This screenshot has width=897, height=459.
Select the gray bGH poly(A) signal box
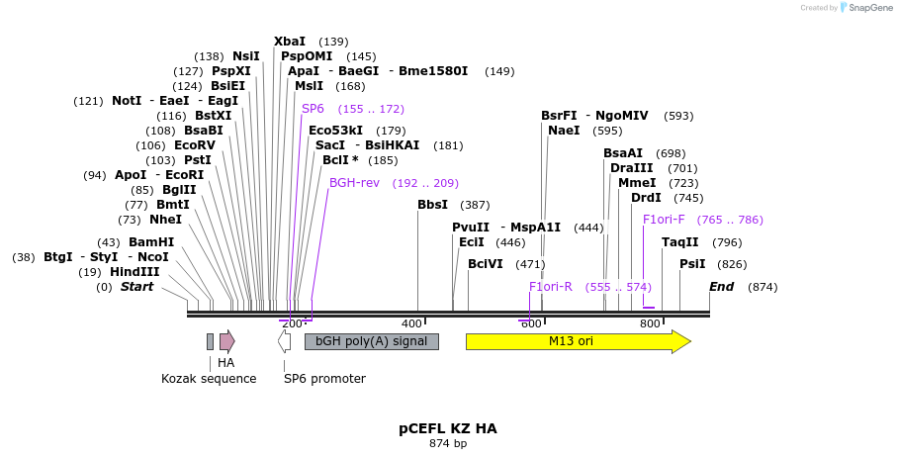tap(371, 341)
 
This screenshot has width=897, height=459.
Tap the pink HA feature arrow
tap(226, 341)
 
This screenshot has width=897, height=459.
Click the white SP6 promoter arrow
tap(284, 341)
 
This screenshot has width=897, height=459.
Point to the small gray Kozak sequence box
tap(210, 341)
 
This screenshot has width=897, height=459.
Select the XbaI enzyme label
tap(290, 42)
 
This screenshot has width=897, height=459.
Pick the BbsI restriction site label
tap(432, 205)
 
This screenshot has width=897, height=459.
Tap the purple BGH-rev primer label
tap(354, 183)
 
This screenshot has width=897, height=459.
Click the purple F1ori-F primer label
tap(664, 220)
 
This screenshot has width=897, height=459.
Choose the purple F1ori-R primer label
tap(551, 287)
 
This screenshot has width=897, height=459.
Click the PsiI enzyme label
tap(692, 264)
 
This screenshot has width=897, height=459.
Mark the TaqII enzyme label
tap(680, 242)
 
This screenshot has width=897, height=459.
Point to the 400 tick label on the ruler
tap(411, 323)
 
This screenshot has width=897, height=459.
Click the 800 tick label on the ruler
tap(650, 323)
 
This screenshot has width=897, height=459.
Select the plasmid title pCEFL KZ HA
tap(448, 428)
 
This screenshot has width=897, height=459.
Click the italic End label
tap(721, 287)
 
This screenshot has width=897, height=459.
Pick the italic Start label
tap(136, 287)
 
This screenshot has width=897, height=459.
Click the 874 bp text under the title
tap(448, 443)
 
